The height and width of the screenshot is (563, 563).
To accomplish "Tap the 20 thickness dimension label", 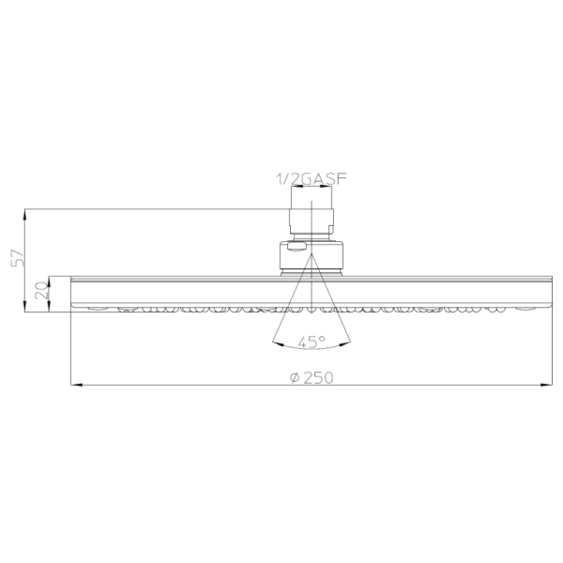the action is tap(41, 290).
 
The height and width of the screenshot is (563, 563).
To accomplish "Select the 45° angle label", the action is tap(312, 342).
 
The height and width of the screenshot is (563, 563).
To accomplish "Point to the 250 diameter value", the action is tap(318, 377).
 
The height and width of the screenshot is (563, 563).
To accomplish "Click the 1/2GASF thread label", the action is tap(312, 178).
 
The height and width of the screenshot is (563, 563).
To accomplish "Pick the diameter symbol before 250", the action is tap(295, 378).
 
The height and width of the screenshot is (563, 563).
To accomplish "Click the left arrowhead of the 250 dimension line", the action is tap(77, 385).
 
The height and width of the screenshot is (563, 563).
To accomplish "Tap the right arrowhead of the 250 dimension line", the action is tap(546, 385).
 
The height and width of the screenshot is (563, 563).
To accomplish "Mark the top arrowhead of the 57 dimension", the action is tap(24, 214).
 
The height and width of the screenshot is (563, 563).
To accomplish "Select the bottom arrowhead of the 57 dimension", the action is tap(24, 306).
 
